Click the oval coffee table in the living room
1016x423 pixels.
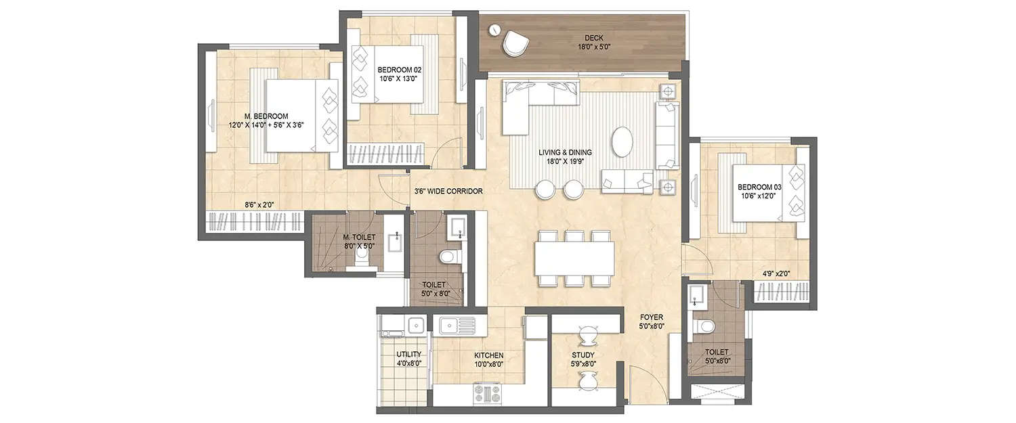pyautogui.click(x=622, y=142)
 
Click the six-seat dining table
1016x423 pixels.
pyautogui.click(x=575, y=258)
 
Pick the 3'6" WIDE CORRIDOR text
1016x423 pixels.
pyautogui.click(x=448, y=192)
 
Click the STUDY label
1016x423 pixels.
pyautogui.click(x=583, y=355)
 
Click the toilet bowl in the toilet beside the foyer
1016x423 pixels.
pyautogui.click(x=705, y=327)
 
